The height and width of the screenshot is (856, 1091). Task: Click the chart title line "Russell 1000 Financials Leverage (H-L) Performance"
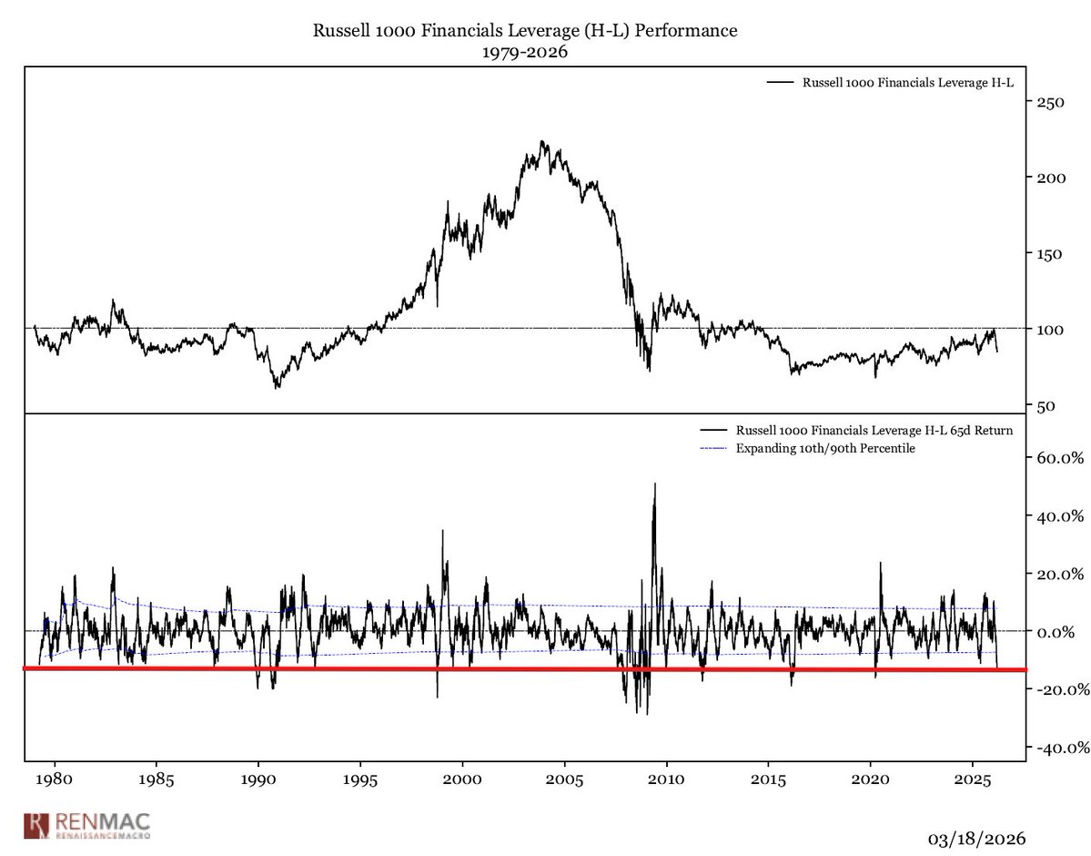(525, 31)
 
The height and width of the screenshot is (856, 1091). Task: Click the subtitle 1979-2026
(525, 53)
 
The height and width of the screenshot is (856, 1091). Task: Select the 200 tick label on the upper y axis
(1051, 178)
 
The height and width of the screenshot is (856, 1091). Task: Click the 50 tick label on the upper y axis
(1047, 405)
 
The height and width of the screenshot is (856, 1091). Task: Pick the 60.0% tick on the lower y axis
(1059, 458)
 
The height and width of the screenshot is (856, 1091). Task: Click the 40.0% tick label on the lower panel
(1059, 516)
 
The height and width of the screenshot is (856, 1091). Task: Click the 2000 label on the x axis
(462, 781)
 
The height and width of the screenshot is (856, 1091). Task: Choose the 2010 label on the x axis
(666, 781)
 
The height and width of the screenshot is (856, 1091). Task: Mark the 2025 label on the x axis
(973, 781)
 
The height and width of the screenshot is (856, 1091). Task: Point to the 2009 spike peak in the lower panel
(654, 484)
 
